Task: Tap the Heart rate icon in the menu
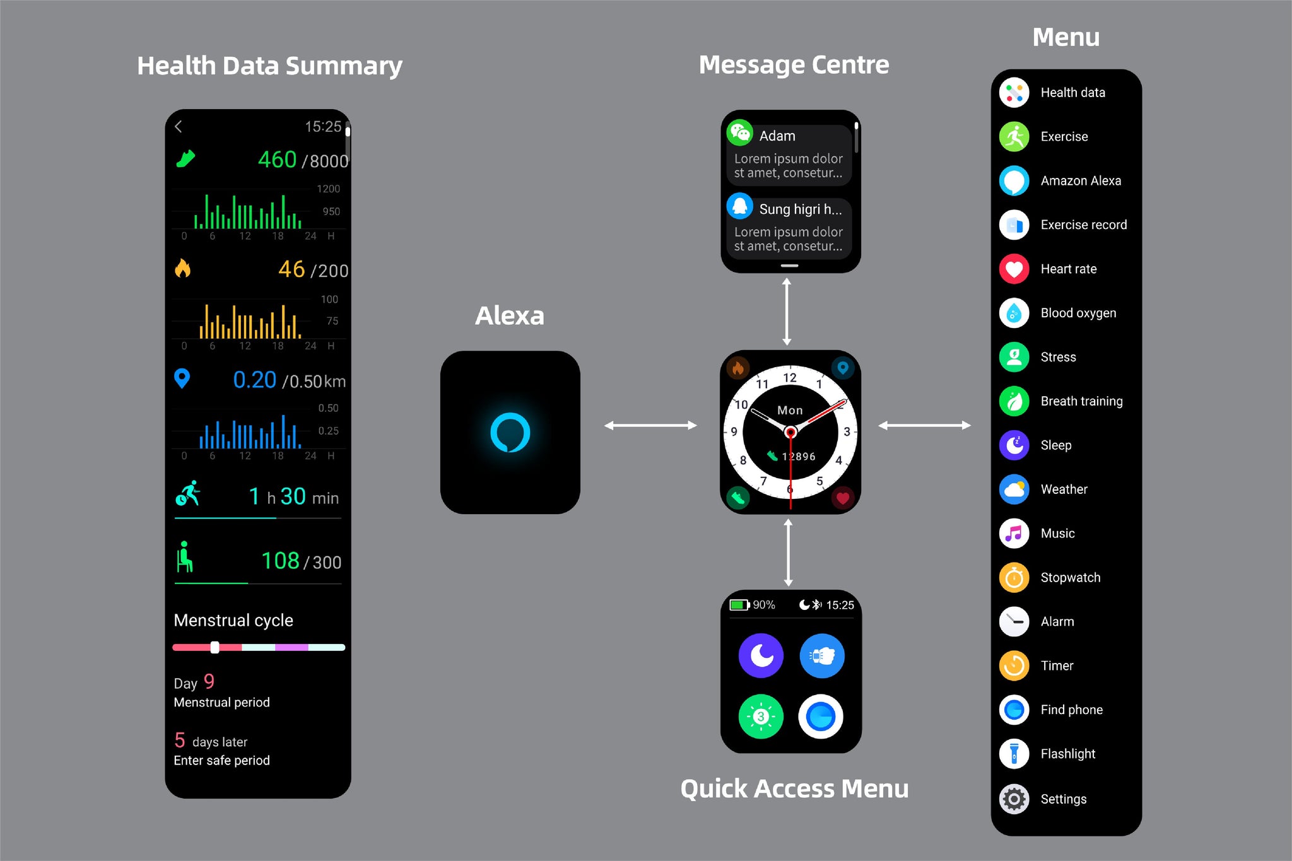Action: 1014,269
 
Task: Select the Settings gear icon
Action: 1014,799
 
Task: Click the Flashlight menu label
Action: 1067,754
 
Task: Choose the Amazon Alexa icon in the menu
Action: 1014,181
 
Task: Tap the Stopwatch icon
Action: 1014,578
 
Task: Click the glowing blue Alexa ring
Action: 510,433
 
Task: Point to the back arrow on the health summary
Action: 179,127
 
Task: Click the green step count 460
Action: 277,160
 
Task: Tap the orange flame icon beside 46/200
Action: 182,269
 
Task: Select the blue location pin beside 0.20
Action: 182,378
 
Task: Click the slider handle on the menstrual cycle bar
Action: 214,647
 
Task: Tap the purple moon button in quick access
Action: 761,656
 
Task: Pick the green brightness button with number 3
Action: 761,717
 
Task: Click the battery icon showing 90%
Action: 739,605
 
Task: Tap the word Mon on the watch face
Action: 790,411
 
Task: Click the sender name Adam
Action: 777,136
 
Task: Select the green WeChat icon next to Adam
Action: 740,132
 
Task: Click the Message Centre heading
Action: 794,65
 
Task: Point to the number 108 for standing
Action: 280,561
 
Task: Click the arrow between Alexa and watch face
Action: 650,426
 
